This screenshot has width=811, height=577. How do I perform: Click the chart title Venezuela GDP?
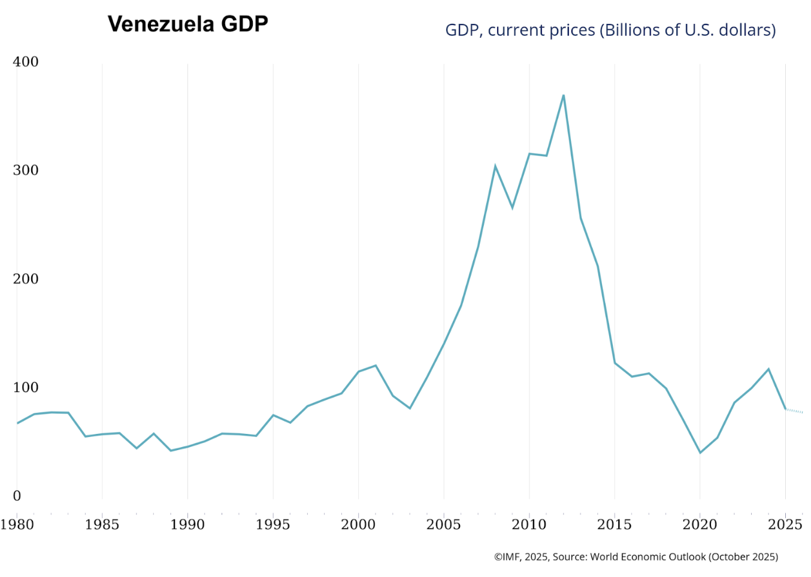pyautogui.click(x=187, y=25)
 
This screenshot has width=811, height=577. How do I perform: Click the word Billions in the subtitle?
pyautogui.click(x=630, y=30)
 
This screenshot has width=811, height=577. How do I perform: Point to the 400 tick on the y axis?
pyautogui.click(x=26, y=62)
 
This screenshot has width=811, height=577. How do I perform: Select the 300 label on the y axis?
pyautogui.click(x=26, y=170)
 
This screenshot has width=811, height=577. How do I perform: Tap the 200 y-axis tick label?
pyautogui.click(x=26, y=279)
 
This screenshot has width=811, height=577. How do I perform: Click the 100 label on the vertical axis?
pyautogui.click(x=26, y=387)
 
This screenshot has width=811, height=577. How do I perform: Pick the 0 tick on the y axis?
pyautogui.click(x=17, y=496)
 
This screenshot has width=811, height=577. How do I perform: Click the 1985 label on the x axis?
pyautogui.click(x=102, y=525)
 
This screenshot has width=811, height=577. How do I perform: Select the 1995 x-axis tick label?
pyautogui.click(x=273, y=525)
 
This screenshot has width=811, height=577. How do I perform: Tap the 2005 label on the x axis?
pyautogui.click(x=443, y=525)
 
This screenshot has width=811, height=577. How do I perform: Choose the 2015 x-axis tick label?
pyautogui.click(x=614, y=525)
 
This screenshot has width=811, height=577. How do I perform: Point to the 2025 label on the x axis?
pyautogui.click(x=785, y=525)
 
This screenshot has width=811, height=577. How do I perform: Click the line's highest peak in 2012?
pyautogui.click(x=563, y=95)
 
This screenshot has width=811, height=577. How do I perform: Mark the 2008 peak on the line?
pyautogui.click(x=495, y=166)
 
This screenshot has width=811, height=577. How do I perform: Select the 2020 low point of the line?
pyautogui.click(x=700, y=453)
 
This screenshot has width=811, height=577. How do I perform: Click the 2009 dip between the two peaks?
pyautogui.click(x=512, y=208)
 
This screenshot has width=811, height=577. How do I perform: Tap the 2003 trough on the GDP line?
pyautogui.click(x=410, y=408)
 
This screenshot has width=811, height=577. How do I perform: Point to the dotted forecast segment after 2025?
pyautogui.click(x=794, y=411)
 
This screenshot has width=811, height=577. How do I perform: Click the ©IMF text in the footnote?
pyautogui.click(x=508, y=557)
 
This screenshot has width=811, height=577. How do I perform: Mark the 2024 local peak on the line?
pyautogui.click(x=768, y=369)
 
